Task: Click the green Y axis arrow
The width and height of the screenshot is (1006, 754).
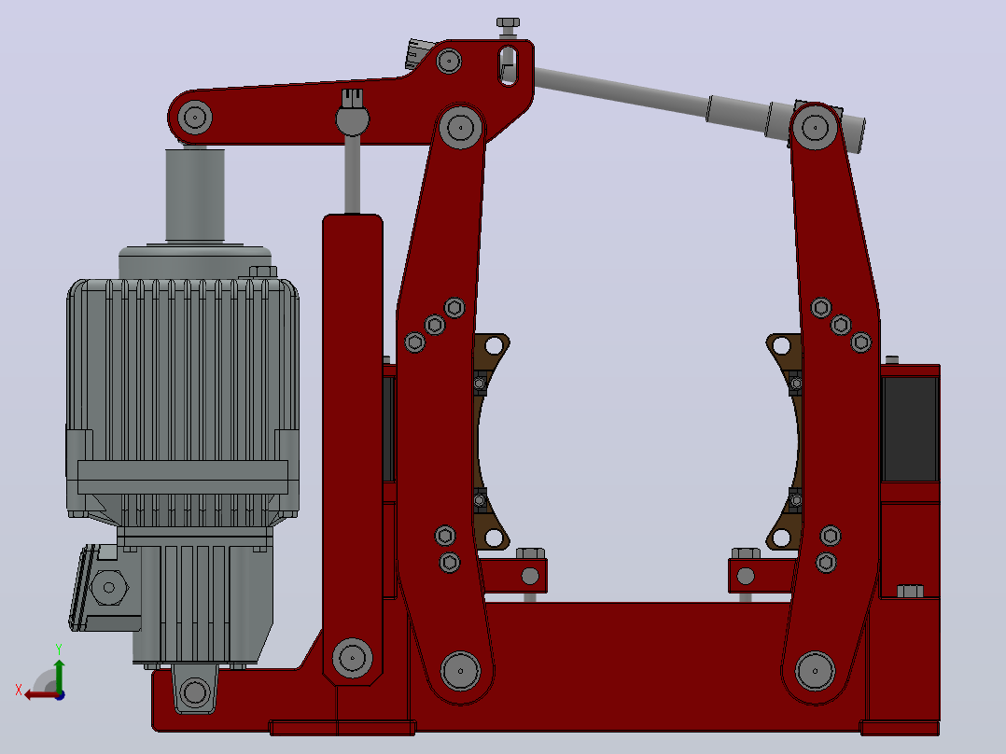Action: tap(59, 675)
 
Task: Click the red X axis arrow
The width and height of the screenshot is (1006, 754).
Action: tap(40, 694)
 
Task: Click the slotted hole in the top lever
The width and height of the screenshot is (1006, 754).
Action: tap(508, 64)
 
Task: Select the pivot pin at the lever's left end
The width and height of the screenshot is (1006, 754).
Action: tap(194, 119)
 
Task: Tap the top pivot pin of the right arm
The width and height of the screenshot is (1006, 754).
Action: tap(815, 127)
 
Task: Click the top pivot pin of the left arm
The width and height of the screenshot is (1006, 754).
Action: tap(460, 127)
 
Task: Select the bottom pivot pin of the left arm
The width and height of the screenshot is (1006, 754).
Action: tap(460, 671)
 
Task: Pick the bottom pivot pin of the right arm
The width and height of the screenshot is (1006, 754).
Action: tap(815, 671)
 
